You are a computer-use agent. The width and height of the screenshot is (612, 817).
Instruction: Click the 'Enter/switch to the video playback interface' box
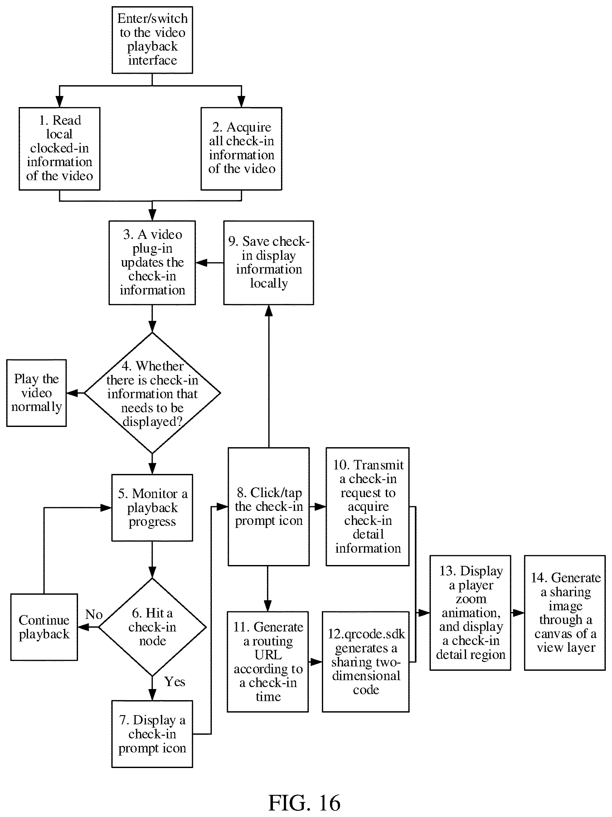(152, 40)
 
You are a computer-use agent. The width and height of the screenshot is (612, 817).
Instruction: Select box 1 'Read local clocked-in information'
(59, 149)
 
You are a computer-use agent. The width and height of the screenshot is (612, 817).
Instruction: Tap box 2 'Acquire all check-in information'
(241, 149)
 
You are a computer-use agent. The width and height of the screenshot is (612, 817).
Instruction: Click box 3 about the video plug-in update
(152, 263)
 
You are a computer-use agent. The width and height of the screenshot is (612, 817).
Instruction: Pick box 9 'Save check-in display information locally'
(269, 263)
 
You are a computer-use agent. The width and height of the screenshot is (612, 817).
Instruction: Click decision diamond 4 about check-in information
(152, 393)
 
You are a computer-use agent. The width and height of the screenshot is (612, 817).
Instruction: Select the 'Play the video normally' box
(37, 393)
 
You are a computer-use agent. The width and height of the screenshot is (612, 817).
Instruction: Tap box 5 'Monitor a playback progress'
(152, 508)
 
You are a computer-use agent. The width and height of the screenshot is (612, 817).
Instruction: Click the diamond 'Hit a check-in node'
(152, 627)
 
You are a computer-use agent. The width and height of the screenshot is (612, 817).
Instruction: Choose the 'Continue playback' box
(44, 627)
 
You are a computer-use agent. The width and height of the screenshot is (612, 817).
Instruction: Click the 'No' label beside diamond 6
(94, 614)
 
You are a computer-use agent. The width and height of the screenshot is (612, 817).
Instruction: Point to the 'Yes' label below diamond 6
(175, 682)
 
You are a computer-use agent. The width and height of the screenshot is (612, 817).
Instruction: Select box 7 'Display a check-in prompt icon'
(152, 734)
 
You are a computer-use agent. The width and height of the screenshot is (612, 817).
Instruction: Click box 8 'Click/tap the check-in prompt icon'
(269, 506)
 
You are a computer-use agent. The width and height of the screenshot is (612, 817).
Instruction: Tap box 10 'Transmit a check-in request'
(368, 506)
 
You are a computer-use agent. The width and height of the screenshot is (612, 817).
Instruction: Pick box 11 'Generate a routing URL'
(268, 662)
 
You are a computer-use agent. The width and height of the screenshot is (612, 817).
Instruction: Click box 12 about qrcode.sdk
(366, 662)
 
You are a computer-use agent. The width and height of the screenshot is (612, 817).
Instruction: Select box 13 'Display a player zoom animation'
(470, 613)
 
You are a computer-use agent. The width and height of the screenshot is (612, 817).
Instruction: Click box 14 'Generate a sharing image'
(565, 613)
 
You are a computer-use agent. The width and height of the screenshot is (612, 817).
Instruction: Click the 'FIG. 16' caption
(304, 802)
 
